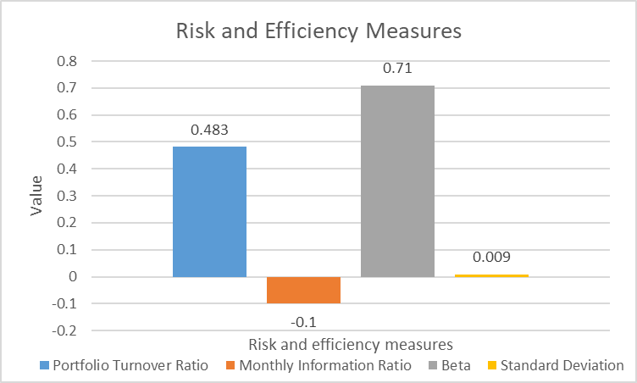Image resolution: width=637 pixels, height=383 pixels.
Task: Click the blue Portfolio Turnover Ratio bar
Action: point(209,212)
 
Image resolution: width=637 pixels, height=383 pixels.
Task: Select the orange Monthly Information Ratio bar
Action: point(303,290)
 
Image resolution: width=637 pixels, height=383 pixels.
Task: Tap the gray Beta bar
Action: point(397,181)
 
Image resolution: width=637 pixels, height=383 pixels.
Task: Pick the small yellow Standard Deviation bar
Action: point(491,275)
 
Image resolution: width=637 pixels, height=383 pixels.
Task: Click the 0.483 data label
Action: point(209,131)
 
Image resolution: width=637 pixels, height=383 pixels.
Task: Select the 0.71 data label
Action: point(397,69)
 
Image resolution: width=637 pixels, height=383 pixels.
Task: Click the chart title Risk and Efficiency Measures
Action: point(318,31)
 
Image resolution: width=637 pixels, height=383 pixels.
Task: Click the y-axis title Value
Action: point(36,196)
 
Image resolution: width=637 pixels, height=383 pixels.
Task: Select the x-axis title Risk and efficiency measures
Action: point(350,344)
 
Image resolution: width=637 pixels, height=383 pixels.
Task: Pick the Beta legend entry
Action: point(453,366)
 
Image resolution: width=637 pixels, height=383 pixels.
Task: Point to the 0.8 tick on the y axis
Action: point(66,61)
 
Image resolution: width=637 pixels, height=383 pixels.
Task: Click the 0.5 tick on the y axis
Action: point(66,142)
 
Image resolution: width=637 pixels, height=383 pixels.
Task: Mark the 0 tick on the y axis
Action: point(72,277)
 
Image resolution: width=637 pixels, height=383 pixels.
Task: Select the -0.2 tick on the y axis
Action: point(64,330)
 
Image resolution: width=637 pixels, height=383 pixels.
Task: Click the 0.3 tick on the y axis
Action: point(66,196)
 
